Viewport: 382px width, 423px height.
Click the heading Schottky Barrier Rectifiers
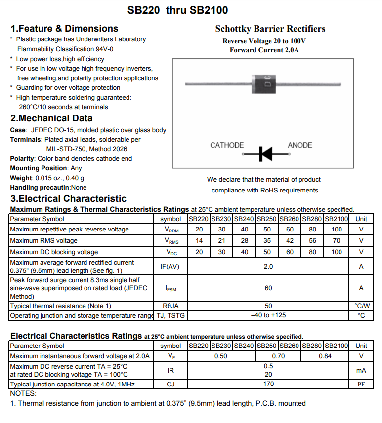point(270,29)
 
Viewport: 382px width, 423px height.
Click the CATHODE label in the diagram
point(227,145)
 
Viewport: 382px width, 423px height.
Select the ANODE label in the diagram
point(300,145)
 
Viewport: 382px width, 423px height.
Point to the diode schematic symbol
point(265,154)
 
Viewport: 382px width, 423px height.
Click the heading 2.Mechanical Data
point(51,118)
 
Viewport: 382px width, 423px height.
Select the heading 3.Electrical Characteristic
point(69,199)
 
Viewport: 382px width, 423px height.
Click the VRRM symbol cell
point(172,230)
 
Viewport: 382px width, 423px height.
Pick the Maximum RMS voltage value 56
point(313,241)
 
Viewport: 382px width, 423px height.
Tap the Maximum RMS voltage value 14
point(199,241)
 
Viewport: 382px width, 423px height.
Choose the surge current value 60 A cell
point(268,288)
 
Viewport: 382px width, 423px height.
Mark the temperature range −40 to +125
point(268,315)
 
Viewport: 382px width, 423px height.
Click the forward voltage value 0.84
point(325,356)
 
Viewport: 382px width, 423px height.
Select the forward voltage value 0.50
point(221,356)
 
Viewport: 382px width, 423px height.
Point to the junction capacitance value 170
point(268,384)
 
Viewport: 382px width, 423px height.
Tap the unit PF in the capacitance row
point(361,385)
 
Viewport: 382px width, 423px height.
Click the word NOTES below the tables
point(23,393)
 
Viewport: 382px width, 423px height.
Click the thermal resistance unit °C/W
point(362,306)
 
